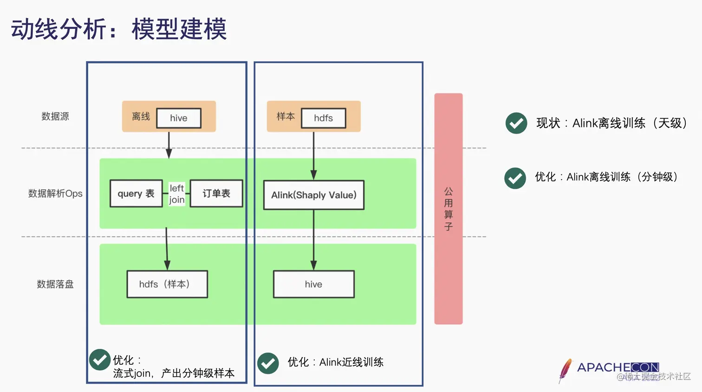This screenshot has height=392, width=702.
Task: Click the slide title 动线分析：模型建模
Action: [119, 29]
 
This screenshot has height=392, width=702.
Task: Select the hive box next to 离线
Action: [179, 118]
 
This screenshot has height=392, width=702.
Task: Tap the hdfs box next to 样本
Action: [324, 118]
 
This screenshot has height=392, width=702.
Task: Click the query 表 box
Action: [136, 193]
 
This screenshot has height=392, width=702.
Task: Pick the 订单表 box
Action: [216, 193]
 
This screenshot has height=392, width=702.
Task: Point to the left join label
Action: [177, 194]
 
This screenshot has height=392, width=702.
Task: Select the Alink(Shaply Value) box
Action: [314, 195]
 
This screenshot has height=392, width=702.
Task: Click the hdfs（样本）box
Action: [167, 284]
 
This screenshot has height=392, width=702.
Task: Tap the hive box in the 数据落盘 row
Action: [314, 284]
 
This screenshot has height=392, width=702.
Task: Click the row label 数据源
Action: [55, 116]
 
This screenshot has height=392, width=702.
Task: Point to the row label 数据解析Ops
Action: [55, 193]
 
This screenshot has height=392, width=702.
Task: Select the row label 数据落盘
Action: [55, 284]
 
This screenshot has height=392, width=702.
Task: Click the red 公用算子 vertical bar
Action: [448, 209]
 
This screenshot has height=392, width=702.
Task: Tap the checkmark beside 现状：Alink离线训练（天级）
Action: [516, 123]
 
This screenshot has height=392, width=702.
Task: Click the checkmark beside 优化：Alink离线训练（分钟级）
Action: [515, 178]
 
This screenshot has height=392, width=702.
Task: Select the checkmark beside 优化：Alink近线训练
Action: [268, 363]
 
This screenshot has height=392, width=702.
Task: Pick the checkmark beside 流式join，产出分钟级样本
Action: [100, 360]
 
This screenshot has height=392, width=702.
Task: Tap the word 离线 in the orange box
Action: [141, 116]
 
